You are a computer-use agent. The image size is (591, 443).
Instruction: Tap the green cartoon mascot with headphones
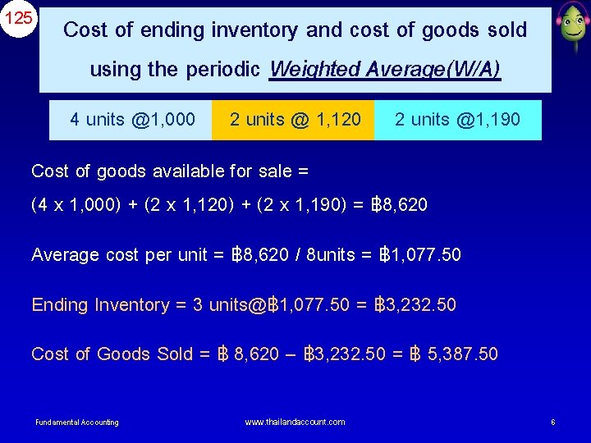570,27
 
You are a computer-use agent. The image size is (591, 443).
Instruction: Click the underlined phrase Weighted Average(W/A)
384,70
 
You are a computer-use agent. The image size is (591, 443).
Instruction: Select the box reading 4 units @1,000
132,120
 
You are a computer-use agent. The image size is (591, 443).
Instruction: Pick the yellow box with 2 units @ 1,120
295,120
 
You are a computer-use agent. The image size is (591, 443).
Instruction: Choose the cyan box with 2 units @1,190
457,120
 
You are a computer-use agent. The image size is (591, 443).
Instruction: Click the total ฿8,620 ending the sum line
401,204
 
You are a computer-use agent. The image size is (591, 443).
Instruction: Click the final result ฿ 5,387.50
453,354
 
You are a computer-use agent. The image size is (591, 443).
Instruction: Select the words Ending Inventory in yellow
100,305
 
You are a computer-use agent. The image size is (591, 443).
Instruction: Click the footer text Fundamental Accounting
76,422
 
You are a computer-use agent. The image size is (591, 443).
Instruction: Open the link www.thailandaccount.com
295,422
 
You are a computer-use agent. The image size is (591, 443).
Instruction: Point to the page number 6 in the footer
553,422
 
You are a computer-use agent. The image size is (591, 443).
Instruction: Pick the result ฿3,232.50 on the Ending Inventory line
415,305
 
